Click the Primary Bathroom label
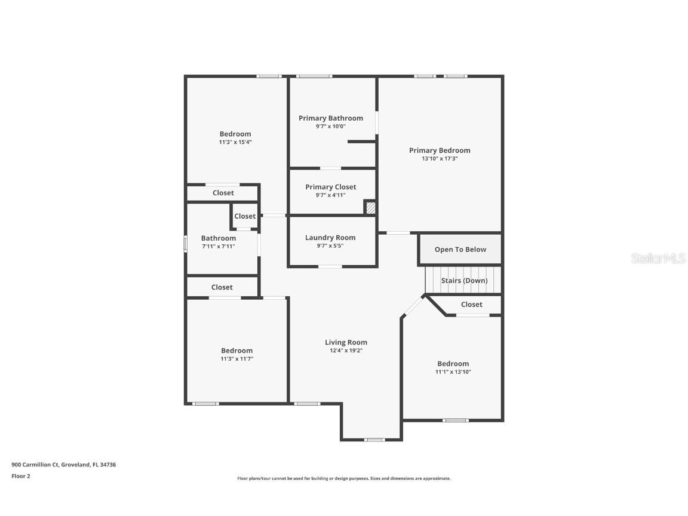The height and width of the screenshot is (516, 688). click(x=330, y=118)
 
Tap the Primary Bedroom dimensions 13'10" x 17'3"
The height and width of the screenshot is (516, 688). click(x=440, y=159)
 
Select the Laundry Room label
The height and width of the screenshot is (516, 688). click(x=330, y=238)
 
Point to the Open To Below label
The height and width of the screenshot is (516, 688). click(x=460, y=250)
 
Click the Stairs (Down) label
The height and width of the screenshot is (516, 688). click(x=464, y=281)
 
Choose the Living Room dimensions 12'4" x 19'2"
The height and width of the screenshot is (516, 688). click(x=346, y=351)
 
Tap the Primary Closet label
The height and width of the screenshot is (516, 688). click(x=330, y=187)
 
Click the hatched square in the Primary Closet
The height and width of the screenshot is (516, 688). click(x=370, y=207)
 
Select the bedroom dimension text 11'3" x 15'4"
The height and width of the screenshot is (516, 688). click(x=235, y=142)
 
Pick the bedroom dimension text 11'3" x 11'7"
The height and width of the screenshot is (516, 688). click(x=237, y=359)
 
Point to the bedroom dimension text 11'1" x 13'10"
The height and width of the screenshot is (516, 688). click(x=453, y=372)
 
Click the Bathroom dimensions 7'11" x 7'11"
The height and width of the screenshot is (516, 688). click(x=218, y=246)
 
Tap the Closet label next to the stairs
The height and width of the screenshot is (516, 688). click(x=471, y=305)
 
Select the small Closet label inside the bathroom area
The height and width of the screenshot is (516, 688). click(x=245, y=216)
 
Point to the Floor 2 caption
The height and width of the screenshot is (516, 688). click(x=20, y=476)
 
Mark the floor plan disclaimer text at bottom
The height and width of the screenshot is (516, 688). click(x=344, y=478)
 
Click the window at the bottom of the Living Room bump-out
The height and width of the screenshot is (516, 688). click(x=374, y=440)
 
